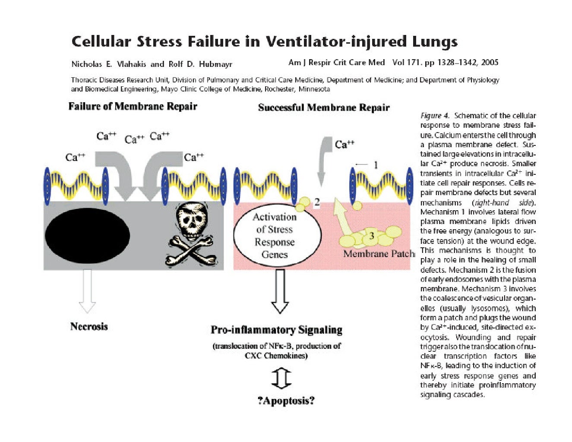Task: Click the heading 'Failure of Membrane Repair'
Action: tap(133, 106)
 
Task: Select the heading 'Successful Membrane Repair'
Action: tap(323, 107)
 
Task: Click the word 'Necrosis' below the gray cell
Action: tap(89, 326)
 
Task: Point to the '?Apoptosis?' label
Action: tap(286, 401)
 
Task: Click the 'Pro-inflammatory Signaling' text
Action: tap(276, 330)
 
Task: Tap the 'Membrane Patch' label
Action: tap(378, 253)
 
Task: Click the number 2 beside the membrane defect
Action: tap(317, 202)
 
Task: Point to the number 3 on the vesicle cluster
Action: tap(371, 236)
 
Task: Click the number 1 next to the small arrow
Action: tap(375, 164)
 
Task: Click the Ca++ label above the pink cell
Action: tap(344, 144)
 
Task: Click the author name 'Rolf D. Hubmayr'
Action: tap(200, 64)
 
